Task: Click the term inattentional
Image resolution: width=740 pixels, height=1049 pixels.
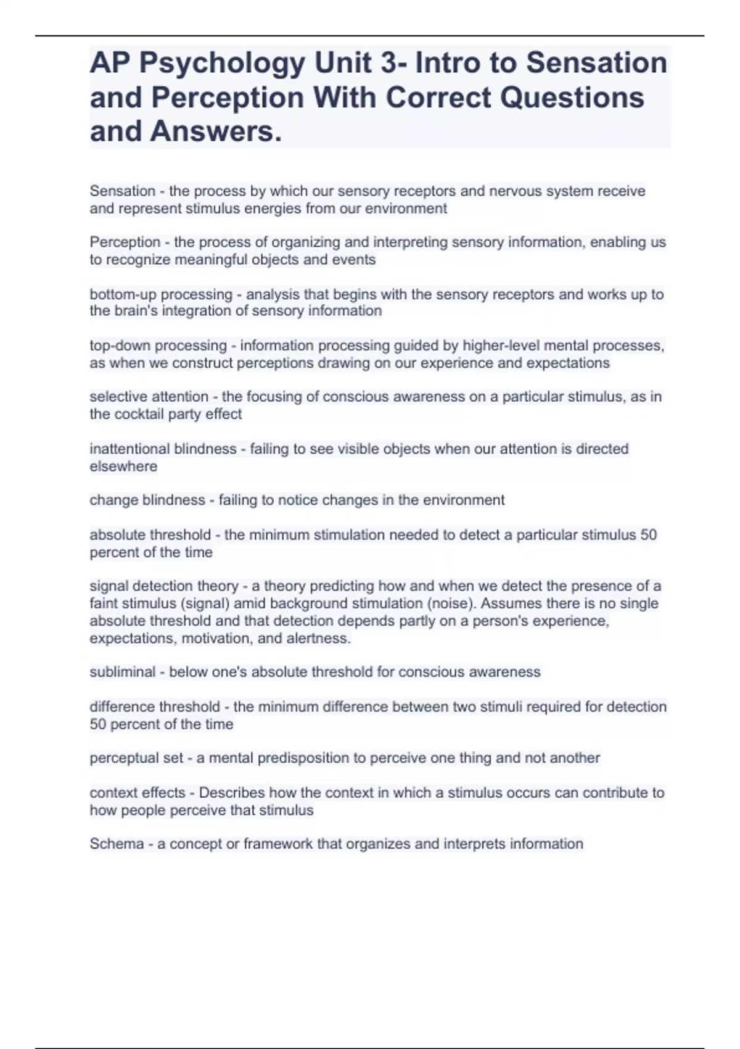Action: tap(129, 449)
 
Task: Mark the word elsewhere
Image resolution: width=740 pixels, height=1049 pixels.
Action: tap(123, 466)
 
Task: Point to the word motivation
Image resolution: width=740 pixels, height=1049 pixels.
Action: tap(216, 638)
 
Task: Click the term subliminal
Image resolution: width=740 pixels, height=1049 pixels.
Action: tap(122, 672)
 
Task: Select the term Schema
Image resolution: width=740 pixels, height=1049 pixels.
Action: tap(117, 844)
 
